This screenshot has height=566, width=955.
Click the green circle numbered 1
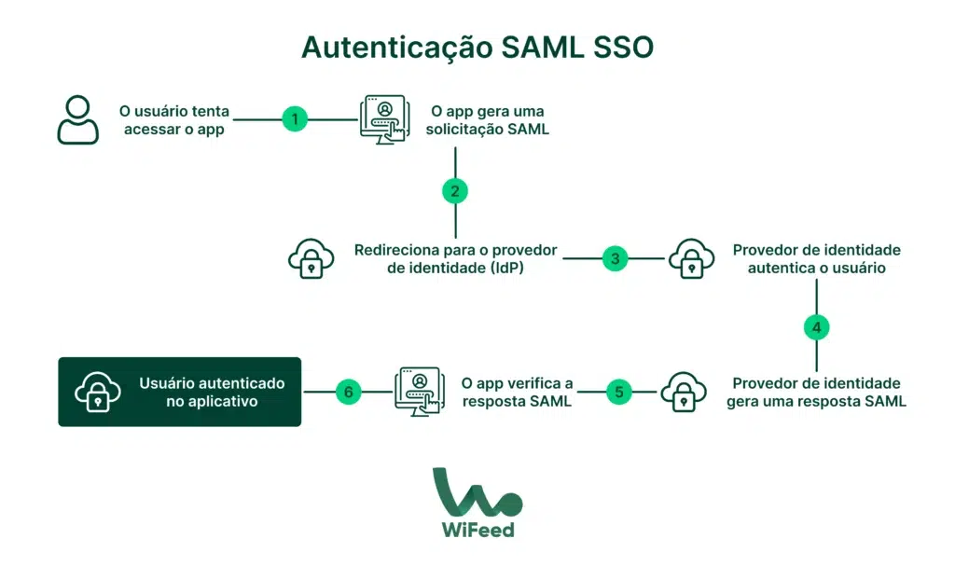click(x=295, y=119)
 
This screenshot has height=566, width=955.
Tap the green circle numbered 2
click(x=455, y=191)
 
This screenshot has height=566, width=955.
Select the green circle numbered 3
click(x=615, y=258)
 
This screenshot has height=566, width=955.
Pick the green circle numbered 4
click(x=816, y=327)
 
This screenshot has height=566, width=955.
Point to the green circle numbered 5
click(x=618, y=392)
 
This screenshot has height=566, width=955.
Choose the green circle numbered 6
click(x=348, y=392)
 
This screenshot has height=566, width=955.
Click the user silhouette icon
click(x=78, y=120)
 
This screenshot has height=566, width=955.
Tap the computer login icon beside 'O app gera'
click(x=384, y=119)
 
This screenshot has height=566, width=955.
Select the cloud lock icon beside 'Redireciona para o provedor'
click(x=311, y=259)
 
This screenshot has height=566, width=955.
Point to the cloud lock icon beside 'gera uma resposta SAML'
click(x=684, y=393)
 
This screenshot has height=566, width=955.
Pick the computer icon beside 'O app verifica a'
click(x=417, y=392)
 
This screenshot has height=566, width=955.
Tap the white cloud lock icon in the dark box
click(x=98, y=393)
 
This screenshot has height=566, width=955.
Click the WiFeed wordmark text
click(x=477, y=530)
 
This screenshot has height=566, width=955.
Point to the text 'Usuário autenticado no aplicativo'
click(x=212, y=392)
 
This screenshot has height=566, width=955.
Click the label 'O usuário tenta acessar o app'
click(x=174, y=120)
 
